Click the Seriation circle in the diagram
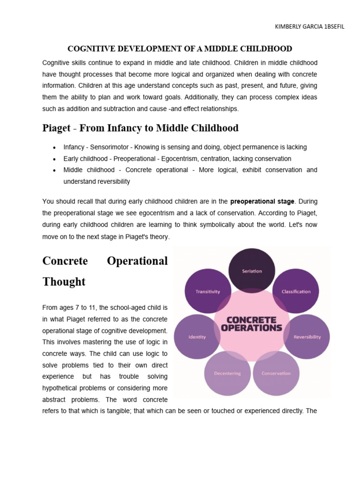click(252, 270)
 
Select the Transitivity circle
click(208, 291)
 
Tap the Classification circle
click(296, 291)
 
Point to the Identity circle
click(197, 337)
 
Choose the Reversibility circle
click(307, 337)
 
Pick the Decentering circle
click(227, 373)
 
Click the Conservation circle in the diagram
click(276, 373)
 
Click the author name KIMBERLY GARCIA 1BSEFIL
click(309, 27)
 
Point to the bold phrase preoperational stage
click(262, 202)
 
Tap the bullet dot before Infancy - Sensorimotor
click(55, 148)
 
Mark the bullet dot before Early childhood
click(55, 159)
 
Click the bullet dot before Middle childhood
click(55, 171)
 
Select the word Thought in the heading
click(64, 282)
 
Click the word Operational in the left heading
click(137, 261)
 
